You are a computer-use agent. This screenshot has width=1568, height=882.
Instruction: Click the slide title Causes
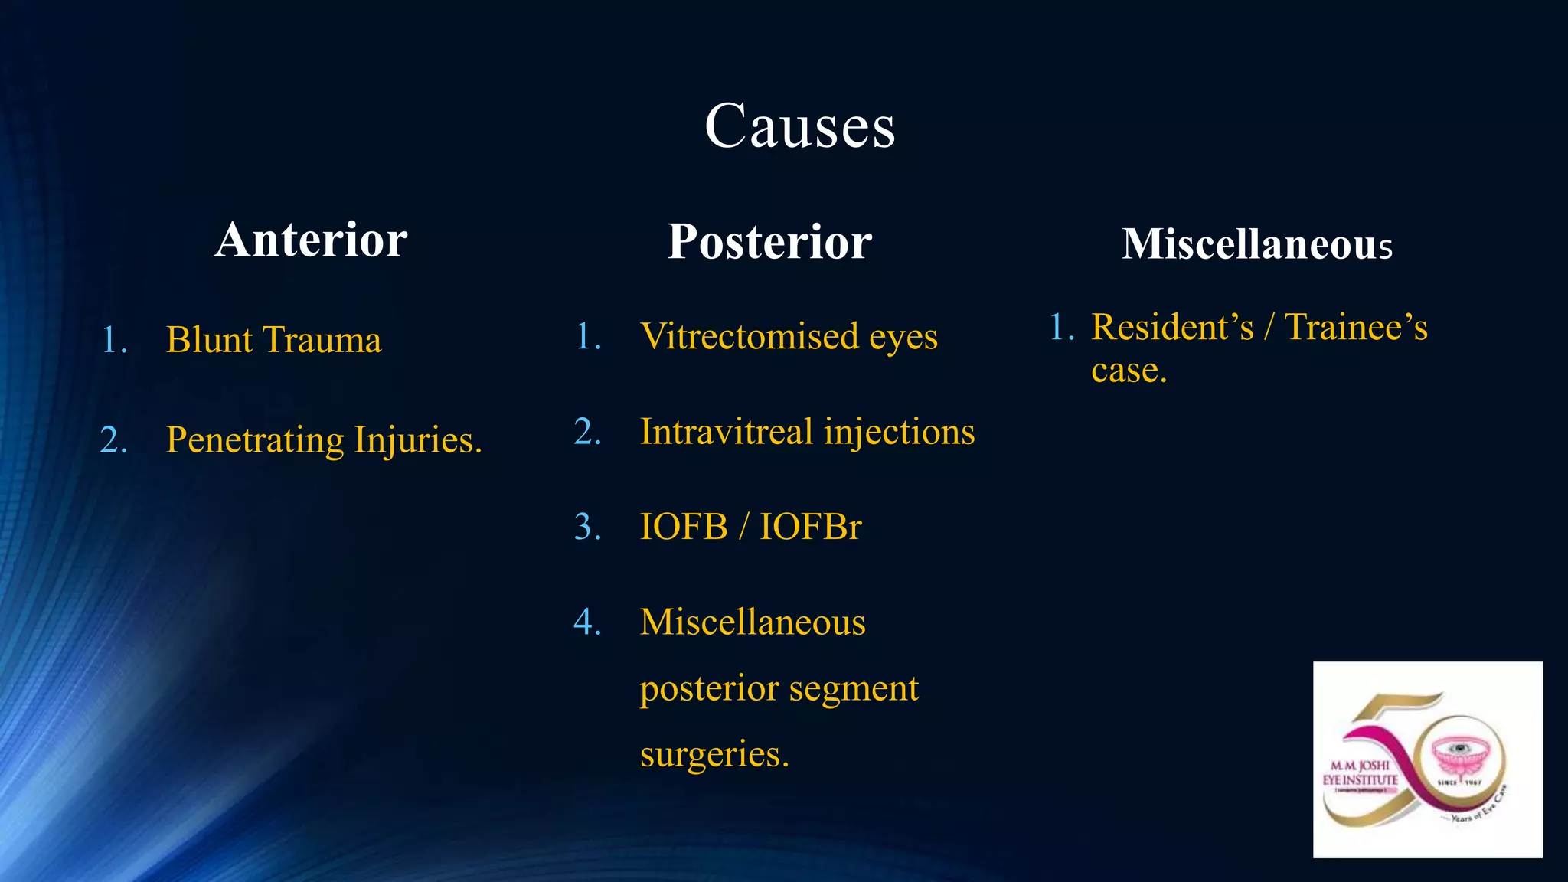(x=799, y=126)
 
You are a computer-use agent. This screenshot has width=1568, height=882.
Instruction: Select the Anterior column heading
(x=311, y=240)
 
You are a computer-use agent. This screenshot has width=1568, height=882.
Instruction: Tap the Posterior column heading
(x=769, y=242)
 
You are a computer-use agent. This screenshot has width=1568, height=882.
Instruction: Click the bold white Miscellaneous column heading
(x=1256, y=244)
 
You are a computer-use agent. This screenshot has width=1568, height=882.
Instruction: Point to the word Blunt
(x=209, y=340)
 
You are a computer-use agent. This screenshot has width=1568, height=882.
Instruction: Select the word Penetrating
(x=255, y=440)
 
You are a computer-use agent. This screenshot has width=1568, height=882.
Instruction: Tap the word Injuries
(x=417, y=440)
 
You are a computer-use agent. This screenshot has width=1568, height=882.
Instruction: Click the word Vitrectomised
(x=749, y=337)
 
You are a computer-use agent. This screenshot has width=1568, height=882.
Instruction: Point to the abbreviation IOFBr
(x=810, y=527)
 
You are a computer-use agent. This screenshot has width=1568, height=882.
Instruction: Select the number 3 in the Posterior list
(x=586, y=527)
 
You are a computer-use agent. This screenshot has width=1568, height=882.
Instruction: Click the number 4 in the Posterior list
(x=586, y=622)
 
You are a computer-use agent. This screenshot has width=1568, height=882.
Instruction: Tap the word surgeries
(x=714, y=755)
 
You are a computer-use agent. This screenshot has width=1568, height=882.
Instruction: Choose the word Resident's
(x=1172, y=328)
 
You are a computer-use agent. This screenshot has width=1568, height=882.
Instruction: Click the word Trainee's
(x=1355, y=328)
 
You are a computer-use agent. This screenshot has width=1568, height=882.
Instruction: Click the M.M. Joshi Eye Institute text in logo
(x=1361, y=773)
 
